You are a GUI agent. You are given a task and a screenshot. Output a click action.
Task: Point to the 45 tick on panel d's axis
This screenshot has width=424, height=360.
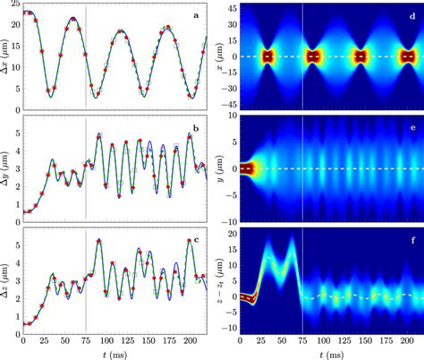pos(231,7)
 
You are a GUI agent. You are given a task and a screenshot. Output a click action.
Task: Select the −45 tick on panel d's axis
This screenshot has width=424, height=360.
pos(228,104)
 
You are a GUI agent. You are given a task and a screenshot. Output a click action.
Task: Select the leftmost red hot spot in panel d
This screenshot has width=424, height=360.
pos(267,56)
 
